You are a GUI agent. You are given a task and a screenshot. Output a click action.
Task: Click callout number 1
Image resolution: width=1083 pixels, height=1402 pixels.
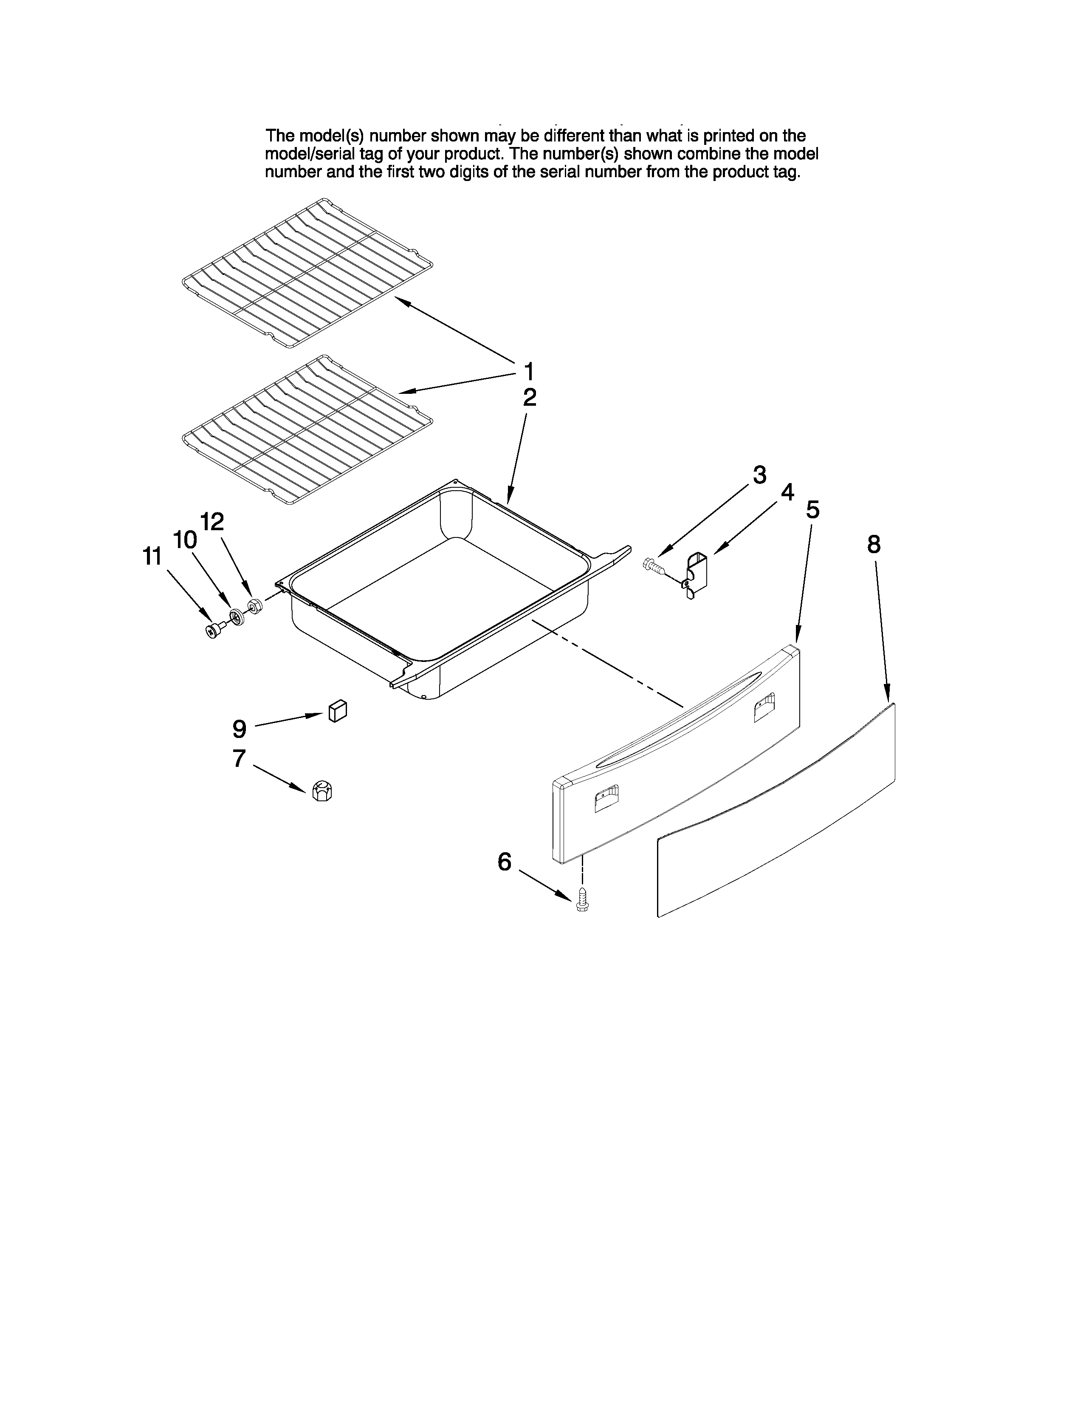click(529, 371)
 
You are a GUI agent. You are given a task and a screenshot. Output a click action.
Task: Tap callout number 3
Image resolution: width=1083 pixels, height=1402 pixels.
click(759, 475)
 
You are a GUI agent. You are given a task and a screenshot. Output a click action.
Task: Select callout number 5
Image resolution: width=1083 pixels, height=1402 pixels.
click(812, 509)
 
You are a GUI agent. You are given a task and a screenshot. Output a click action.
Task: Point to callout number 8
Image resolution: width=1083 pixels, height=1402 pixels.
click(873, 544)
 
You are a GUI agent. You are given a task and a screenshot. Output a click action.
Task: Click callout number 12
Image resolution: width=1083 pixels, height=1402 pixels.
click(212, 521)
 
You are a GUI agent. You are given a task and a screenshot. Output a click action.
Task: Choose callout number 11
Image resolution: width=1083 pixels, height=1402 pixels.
click(152, 556)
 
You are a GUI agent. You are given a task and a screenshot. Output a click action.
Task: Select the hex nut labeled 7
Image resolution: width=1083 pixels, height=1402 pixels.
click(322, 791)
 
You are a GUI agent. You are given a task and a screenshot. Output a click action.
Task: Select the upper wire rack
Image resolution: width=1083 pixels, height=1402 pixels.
click(307, 274)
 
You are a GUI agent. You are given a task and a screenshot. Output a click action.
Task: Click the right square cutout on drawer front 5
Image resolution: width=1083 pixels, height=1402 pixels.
click(764, 707)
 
